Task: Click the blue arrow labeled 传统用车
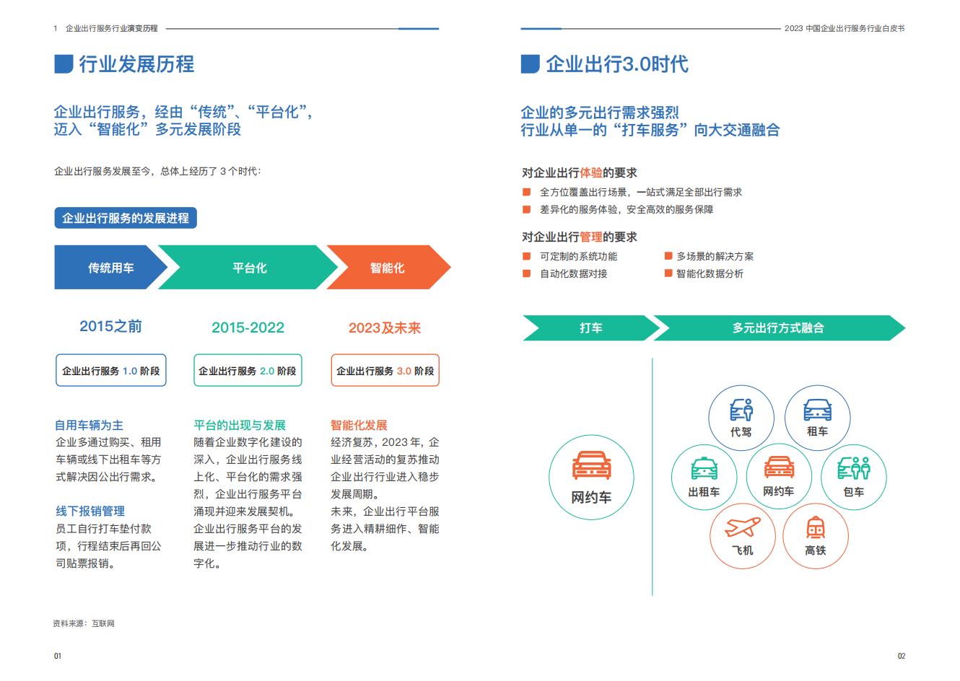click(x=110, y=267)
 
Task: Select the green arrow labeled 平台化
click(x=248, y=267)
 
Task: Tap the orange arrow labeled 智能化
click(x=388, y=267)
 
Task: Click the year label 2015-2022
click(x=248, y=328)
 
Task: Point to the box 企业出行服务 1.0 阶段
click(x=111, y=370)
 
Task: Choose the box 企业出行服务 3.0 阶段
click(x=385, y=370)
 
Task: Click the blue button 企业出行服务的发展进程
click(x=126, y=218)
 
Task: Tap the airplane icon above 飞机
click(x=742, y=527)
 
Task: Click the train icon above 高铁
click(x=815, y=527)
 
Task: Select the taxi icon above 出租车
click(x=704, y=469)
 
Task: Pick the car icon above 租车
click(x=817, y=410)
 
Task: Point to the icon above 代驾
click(x=741, y=410)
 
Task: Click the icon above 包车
click(x=854, y=468)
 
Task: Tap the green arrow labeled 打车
click(x=591, y=328)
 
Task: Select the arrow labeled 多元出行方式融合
click(x=779, y=328)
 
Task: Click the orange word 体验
click(x=591, y=172)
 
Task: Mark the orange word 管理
click(x=591, y=237)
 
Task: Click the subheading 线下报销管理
click(x=90, y=511)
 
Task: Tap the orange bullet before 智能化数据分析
click(x=668, y=273)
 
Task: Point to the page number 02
click(x=902, y=656)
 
